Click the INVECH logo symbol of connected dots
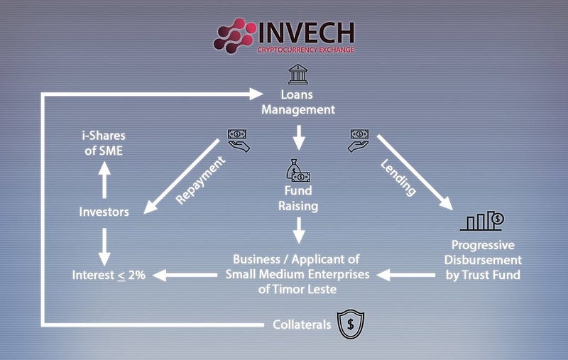pos(234,36)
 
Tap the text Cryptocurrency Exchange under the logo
pos(306,50)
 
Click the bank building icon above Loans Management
pos(297,74)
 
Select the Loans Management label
pos(298,102)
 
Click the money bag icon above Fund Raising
pos(298,170)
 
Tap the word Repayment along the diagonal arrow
pos(200,180)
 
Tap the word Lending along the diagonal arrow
pos(398,178)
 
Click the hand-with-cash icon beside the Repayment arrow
pos(238,141)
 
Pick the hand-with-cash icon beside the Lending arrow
pos(359,141)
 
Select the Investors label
pos(104,212)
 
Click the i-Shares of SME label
pos(104,143)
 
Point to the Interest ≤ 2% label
pos(109,275)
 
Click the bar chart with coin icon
pos(482,221)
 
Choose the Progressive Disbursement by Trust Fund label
pos(483,260)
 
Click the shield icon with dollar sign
pos(351,324)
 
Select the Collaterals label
pos(302,324)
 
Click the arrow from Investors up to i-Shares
pos(104,180)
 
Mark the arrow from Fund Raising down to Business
pos(299,230)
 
